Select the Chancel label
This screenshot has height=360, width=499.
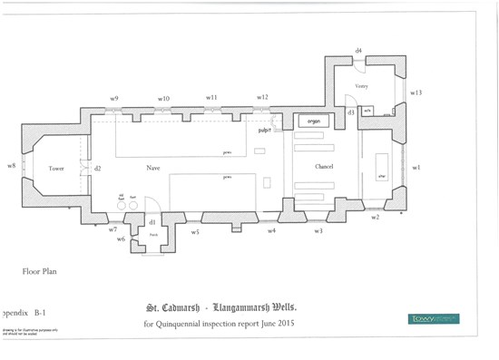tap(326, 168)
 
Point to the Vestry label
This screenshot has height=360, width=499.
tap(360, 86)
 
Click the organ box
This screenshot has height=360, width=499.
tap(314, 121)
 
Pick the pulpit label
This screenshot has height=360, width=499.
tap(266, 131)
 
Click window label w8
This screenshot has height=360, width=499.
tap(11, 167)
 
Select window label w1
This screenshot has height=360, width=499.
tap(416, 168)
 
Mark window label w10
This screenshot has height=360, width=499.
tap(163, 98)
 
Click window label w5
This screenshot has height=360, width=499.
tap(195, 232)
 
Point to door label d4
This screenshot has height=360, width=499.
tap(358, 50)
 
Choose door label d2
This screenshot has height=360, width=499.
tap(97, 169)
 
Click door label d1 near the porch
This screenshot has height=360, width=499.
tap(152, 221)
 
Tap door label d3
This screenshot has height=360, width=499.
tap(351, 112)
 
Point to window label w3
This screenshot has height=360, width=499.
tap(318, 232)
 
